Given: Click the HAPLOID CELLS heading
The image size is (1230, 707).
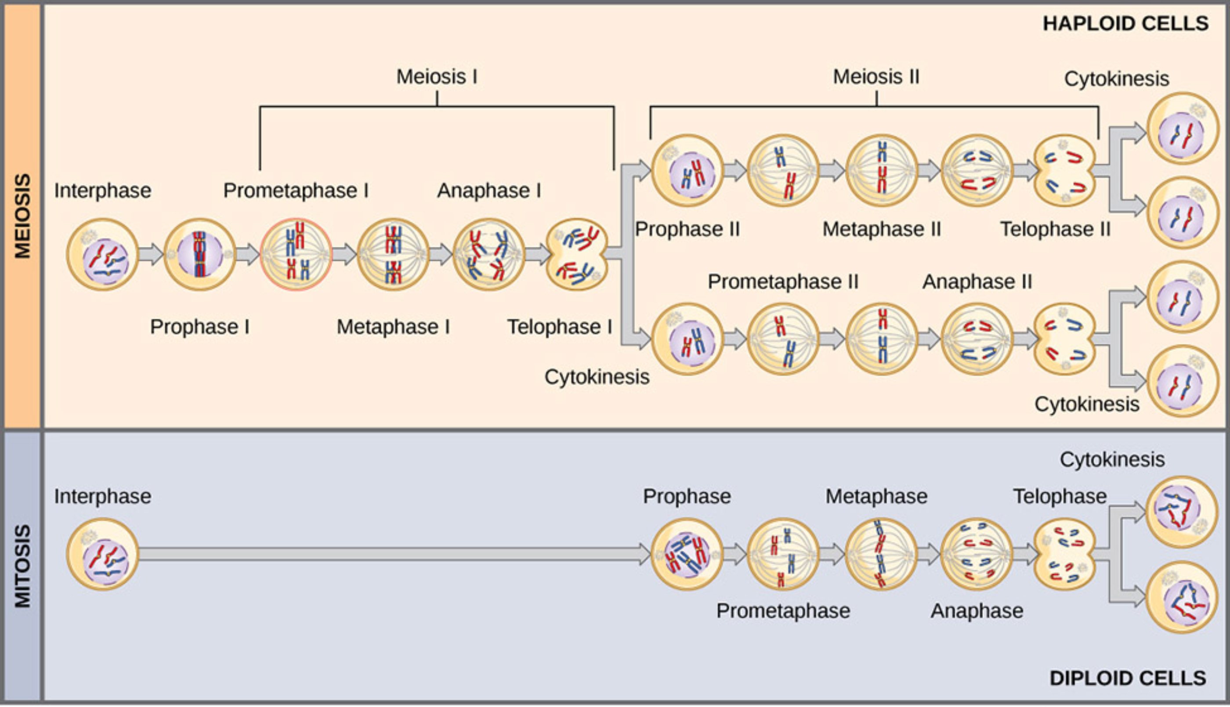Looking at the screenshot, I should coord(1125,24).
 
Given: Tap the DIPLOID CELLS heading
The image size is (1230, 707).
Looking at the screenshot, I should coord(1128,678).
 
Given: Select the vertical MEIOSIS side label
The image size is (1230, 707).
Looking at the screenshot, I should coord(22,216).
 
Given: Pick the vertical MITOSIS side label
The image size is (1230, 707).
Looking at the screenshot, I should coord(22,566).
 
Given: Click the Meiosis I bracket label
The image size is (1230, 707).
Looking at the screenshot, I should coord(437,77).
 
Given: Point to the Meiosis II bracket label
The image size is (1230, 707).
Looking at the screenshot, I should coord(876,77).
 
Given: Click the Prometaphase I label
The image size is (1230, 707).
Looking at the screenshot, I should coord(296,190).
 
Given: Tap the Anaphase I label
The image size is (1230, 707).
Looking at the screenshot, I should coord(489,190).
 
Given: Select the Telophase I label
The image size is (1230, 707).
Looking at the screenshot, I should coord(559,327).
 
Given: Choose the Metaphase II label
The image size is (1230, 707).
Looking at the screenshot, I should coord(881,229).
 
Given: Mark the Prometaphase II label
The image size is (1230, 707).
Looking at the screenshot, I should coord(783,281).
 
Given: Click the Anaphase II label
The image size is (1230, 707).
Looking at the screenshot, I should coord(977,281).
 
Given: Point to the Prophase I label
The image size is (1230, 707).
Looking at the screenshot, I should coord(199,327).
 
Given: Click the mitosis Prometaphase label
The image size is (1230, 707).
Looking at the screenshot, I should coord(783,611).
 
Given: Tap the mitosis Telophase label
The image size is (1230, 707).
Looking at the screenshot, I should coord(1060,496).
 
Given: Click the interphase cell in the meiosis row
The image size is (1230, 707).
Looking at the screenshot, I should coord(102,254).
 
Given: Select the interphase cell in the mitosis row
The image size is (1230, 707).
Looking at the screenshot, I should coord(102,554).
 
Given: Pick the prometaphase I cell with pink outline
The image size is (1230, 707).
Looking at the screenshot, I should coord(296,254).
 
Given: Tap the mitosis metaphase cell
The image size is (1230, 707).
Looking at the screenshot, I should coord(881,554).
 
